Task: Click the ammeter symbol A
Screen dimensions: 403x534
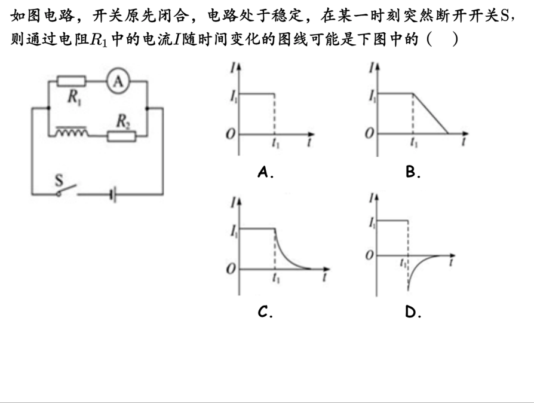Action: coord(118,83)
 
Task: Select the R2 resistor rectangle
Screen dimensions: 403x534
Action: coord(122,137)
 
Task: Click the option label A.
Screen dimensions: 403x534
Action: coord(265,172)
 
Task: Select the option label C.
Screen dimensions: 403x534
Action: coord(265,312)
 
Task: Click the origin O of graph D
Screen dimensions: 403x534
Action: coord(370,255)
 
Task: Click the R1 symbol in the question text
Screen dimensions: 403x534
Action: coord(97,41)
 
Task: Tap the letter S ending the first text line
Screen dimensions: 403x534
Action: coord(517,15)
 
